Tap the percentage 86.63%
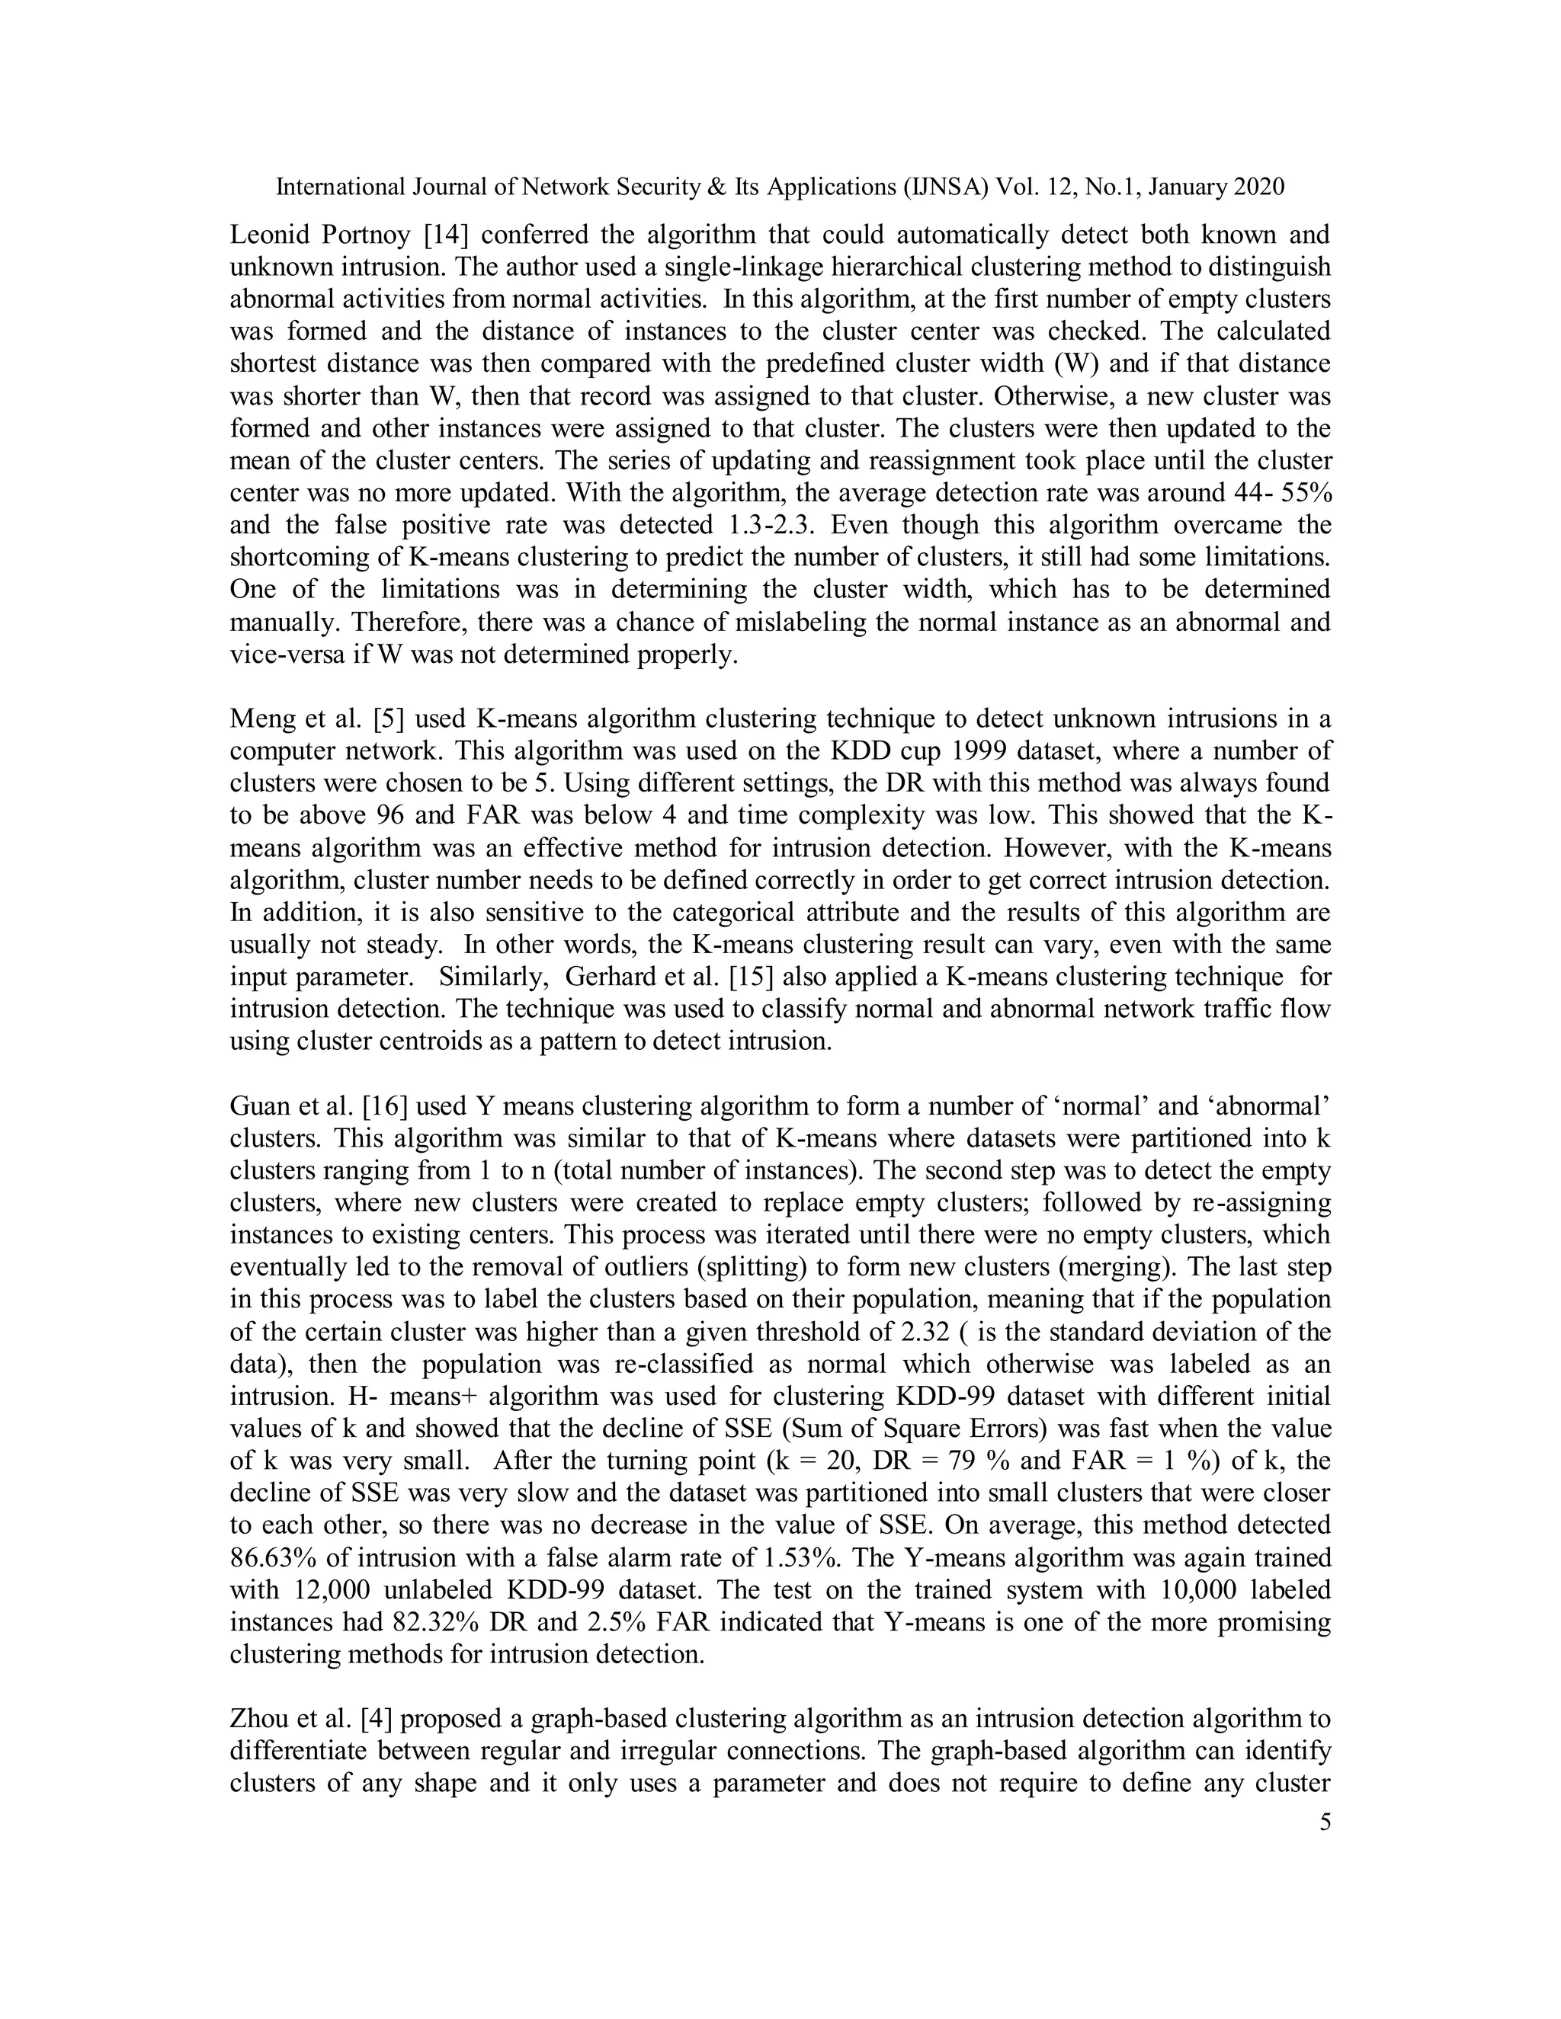(x=274, y=1558)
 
